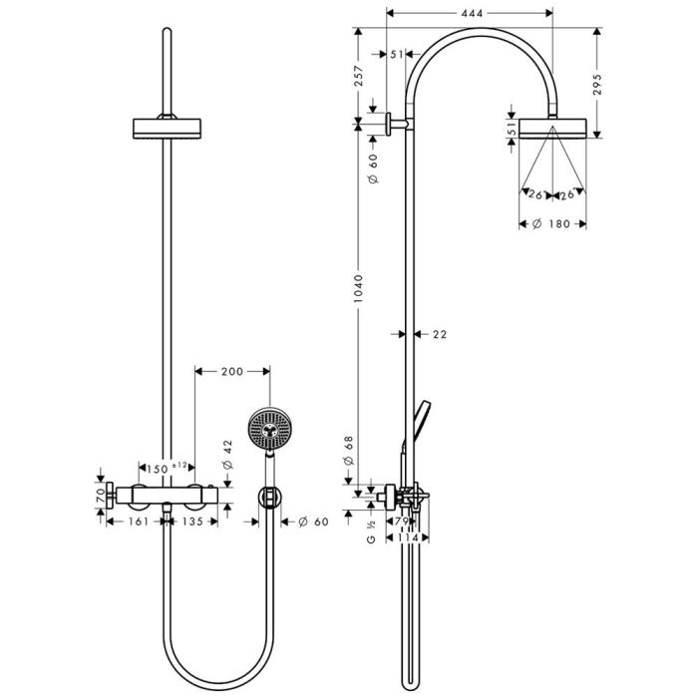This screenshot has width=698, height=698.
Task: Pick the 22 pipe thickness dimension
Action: click(440, 335)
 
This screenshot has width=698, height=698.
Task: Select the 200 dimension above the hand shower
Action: click(231, 372)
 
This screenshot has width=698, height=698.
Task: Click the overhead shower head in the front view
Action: click(167, 130)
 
